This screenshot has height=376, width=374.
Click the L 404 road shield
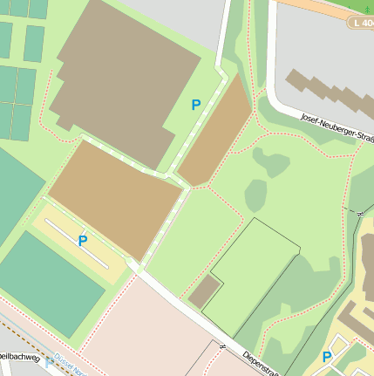coord(361,22)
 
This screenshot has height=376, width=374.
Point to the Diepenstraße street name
coord(260,363)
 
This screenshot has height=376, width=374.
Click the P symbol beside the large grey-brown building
coord(196,105)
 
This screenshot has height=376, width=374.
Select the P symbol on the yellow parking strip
coord(83,241)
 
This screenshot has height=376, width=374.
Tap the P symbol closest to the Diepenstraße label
coord(327,357)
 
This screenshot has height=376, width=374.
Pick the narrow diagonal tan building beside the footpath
coord(214,131)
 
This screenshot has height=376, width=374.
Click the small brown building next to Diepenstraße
coord(205,291)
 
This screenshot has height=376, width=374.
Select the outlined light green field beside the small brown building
coord(253,275)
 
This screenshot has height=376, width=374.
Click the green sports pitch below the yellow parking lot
coord(52,284)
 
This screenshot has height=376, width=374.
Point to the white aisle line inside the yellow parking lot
coord(77,243)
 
